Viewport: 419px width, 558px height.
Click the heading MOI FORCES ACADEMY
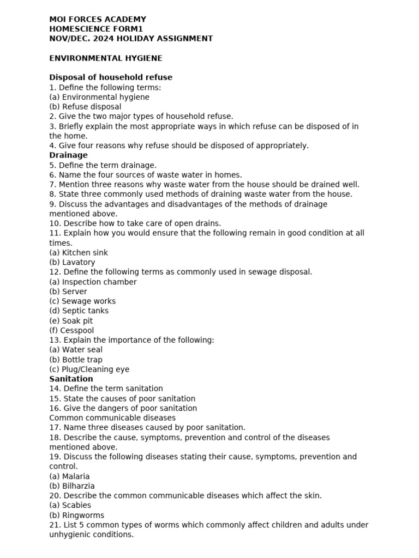click(x=98, y=19)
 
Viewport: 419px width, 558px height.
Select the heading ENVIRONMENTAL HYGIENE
click(x=105, y=58)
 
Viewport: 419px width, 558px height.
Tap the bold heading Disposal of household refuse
click(x=111, y=77)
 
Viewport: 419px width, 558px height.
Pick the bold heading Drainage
click(x=68, y=155)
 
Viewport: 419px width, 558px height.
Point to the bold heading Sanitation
click(x=71, y=379)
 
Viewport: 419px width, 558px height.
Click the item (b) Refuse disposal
click(x=85, y=107)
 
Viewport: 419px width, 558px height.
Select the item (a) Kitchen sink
click(x=79, y=253)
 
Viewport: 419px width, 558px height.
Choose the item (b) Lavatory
click(x=72, y=263)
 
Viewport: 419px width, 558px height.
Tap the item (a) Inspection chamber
click(x=93, y=282)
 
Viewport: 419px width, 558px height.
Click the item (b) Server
click(x=68, y=292)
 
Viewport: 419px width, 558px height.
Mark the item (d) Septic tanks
click(x=79, y=311)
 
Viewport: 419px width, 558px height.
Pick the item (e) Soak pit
click(x=71, y=321)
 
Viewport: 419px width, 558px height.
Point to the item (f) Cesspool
click(x=71, y=331)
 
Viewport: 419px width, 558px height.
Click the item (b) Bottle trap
click(x=76, y=360)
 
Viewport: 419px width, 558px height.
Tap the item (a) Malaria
click(x=69, y=476)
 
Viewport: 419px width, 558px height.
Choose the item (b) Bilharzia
click(x=72, y=486)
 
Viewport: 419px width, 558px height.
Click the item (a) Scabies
click(x=70, y=505)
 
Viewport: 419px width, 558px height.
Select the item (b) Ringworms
click(x=76, y=515)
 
